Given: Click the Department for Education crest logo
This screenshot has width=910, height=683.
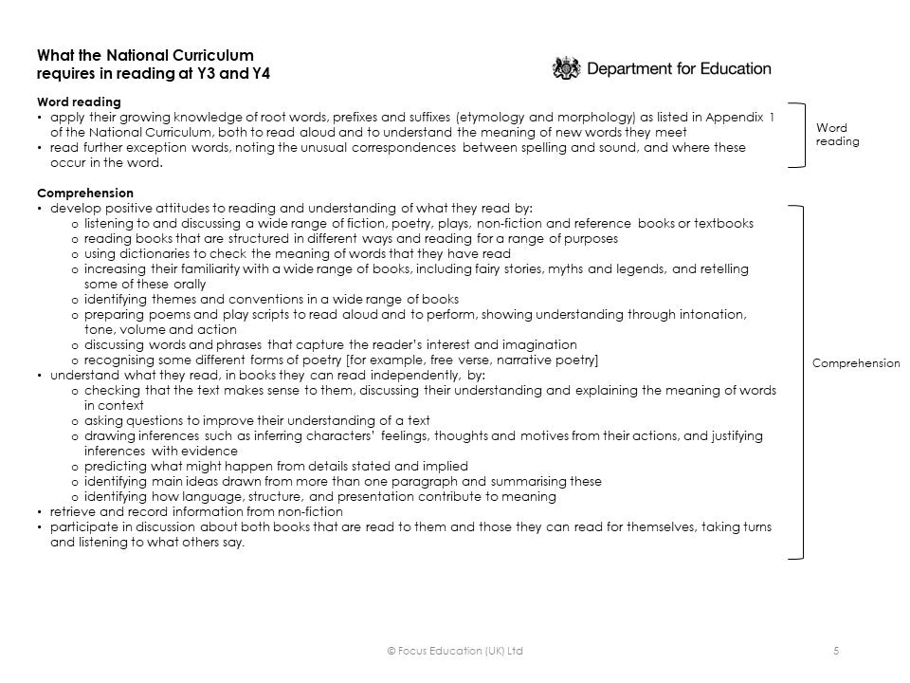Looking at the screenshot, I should click(x=565, y=69).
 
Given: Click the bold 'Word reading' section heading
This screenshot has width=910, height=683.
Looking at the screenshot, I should click(x=79, y=102).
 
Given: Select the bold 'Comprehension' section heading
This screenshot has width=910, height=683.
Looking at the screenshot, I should click(x=85, y=193).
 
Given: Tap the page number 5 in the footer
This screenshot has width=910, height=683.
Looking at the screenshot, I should click(x=835, y=650).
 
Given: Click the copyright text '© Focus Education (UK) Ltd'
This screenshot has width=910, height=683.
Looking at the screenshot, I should click(x=455, y=650).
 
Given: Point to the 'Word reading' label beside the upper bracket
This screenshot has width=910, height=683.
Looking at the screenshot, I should click(x=837, y=135).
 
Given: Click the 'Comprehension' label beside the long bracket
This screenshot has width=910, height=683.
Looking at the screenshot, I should click(x=856, y=363).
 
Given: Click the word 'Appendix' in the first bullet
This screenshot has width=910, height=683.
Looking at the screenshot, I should click(x=734, y=118).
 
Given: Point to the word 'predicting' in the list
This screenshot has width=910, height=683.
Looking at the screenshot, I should click(x=114, y=466).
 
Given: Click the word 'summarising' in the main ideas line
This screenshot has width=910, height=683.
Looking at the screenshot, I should click(x=529, y=481).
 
